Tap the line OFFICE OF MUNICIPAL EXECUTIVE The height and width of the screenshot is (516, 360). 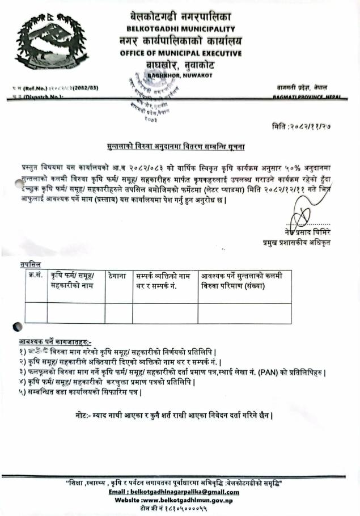[180, 53]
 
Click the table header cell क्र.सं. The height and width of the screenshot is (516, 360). [35, 276]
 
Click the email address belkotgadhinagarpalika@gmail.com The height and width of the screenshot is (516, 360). [180, 492]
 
